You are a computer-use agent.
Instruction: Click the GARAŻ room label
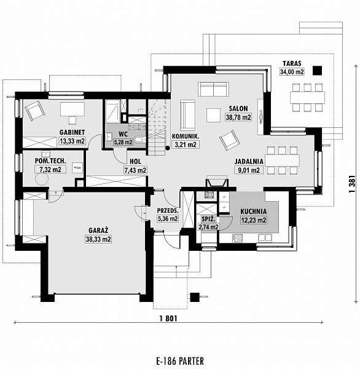[98, 230]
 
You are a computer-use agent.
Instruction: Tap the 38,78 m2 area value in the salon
[238, 117]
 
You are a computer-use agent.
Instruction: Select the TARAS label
[292, 63]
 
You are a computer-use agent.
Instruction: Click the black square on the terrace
[317, 70]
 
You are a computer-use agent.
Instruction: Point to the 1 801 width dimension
[168, 319]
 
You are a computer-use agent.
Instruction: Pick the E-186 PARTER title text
[180, 360]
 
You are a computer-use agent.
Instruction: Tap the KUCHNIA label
[254, 212]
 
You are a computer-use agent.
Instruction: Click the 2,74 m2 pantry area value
[209, 227]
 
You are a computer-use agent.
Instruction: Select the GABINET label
[72, 132]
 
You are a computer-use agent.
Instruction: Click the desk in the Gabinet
[72, 109]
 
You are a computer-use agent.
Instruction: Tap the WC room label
[123, 134]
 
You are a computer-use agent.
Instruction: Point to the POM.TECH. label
[50, 161]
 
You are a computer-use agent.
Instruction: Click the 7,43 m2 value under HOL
[135, 170]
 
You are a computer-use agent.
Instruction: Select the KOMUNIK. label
[186, 137]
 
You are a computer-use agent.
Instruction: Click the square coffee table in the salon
[213, 115]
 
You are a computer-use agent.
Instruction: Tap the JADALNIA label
[249, 161]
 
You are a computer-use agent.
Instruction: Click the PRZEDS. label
[168, 210]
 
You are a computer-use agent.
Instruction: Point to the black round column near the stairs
[168, 148]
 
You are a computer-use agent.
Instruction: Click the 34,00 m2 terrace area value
[292, 71]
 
